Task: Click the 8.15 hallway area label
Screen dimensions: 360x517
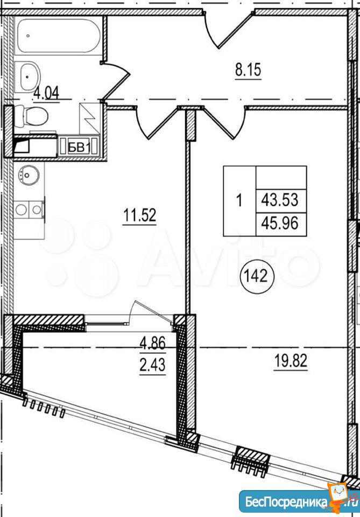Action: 248,70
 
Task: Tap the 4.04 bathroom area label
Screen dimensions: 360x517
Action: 47,93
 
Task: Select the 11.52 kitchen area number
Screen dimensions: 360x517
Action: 139,215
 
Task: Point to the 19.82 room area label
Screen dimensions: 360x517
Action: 291,361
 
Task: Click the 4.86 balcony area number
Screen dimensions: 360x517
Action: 152,343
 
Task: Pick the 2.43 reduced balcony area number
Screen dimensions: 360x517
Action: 152,365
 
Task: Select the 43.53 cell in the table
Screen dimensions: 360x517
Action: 280,200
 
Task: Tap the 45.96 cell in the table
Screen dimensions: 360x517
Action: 280,223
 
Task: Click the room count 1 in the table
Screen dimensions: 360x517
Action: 239,200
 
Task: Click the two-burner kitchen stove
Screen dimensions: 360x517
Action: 29,209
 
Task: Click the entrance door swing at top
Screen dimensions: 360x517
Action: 229,30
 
